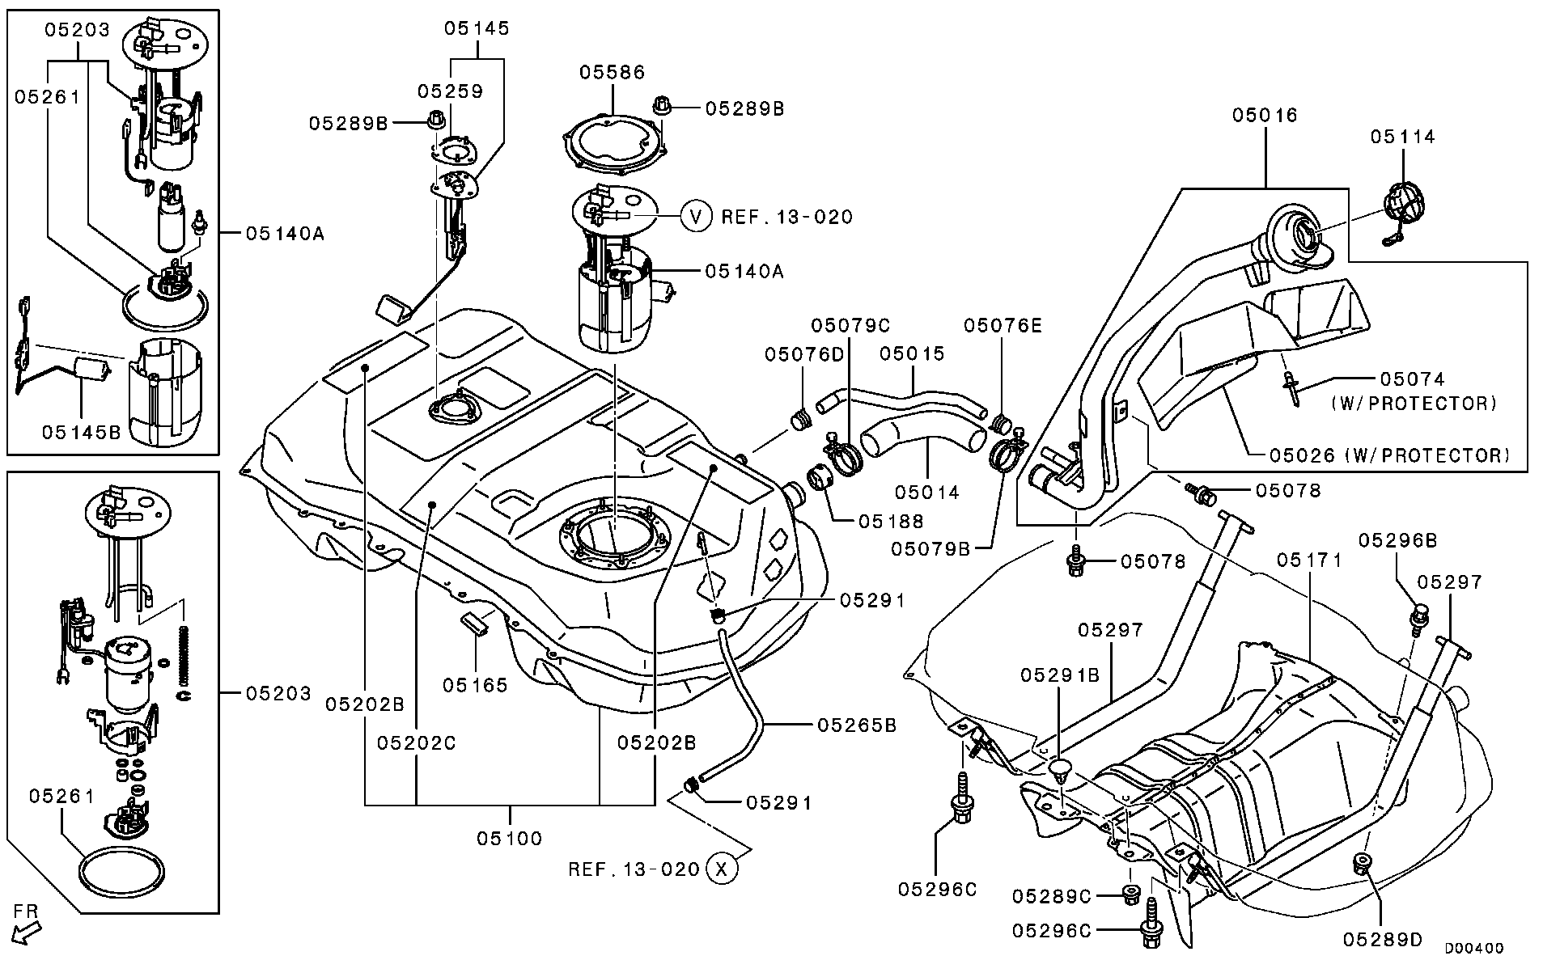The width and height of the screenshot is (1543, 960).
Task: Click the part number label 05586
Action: [x=612, y=73]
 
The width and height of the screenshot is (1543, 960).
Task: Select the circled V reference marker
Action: [x=695, y=216]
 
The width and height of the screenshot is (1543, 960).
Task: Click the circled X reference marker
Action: [x=722, y=869]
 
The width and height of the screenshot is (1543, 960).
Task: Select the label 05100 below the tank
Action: [x=509, y=838]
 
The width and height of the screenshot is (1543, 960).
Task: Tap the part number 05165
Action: [x=475, y=685]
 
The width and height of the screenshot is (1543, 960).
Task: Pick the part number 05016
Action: [x=1265, y=116]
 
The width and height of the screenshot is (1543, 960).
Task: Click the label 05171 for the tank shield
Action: [x=1309, y=560]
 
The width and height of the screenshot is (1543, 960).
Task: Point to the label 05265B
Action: [x=857, y=725]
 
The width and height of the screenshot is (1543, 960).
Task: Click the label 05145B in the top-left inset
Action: [x=81, y=433]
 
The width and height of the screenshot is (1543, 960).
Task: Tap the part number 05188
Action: [x=891, y=522]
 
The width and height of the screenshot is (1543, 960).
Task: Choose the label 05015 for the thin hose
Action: [x=912, y=353]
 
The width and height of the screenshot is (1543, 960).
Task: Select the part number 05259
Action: [x=450, y=91]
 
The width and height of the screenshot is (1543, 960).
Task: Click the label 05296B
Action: [x=1397, y=540]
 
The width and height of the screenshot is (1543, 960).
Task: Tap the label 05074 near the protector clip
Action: [x=1412, y=379]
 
